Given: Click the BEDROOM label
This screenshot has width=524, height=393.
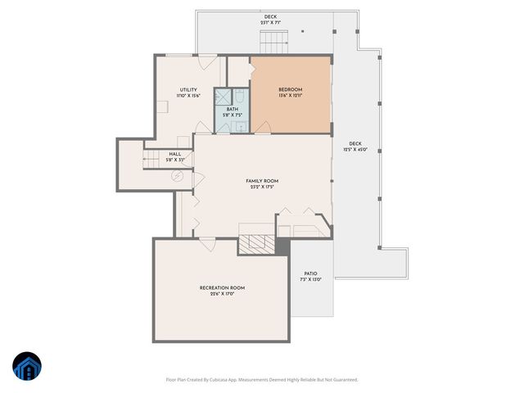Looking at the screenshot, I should [291, 89].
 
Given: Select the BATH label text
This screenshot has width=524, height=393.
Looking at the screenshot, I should [233, 109].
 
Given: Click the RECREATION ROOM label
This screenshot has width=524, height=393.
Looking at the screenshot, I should [222, 287].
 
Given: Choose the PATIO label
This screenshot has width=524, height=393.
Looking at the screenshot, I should [310, 273].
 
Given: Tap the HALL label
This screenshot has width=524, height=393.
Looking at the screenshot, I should [175, 154].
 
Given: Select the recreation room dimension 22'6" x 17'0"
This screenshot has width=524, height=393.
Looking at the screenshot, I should [222, 294].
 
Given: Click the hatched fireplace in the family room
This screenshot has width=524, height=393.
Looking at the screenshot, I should [256, 243].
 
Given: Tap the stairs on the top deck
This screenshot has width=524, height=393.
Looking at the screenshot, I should [269, 39].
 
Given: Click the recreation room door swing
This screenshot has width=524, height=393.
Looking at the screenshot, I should [207, 243].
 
